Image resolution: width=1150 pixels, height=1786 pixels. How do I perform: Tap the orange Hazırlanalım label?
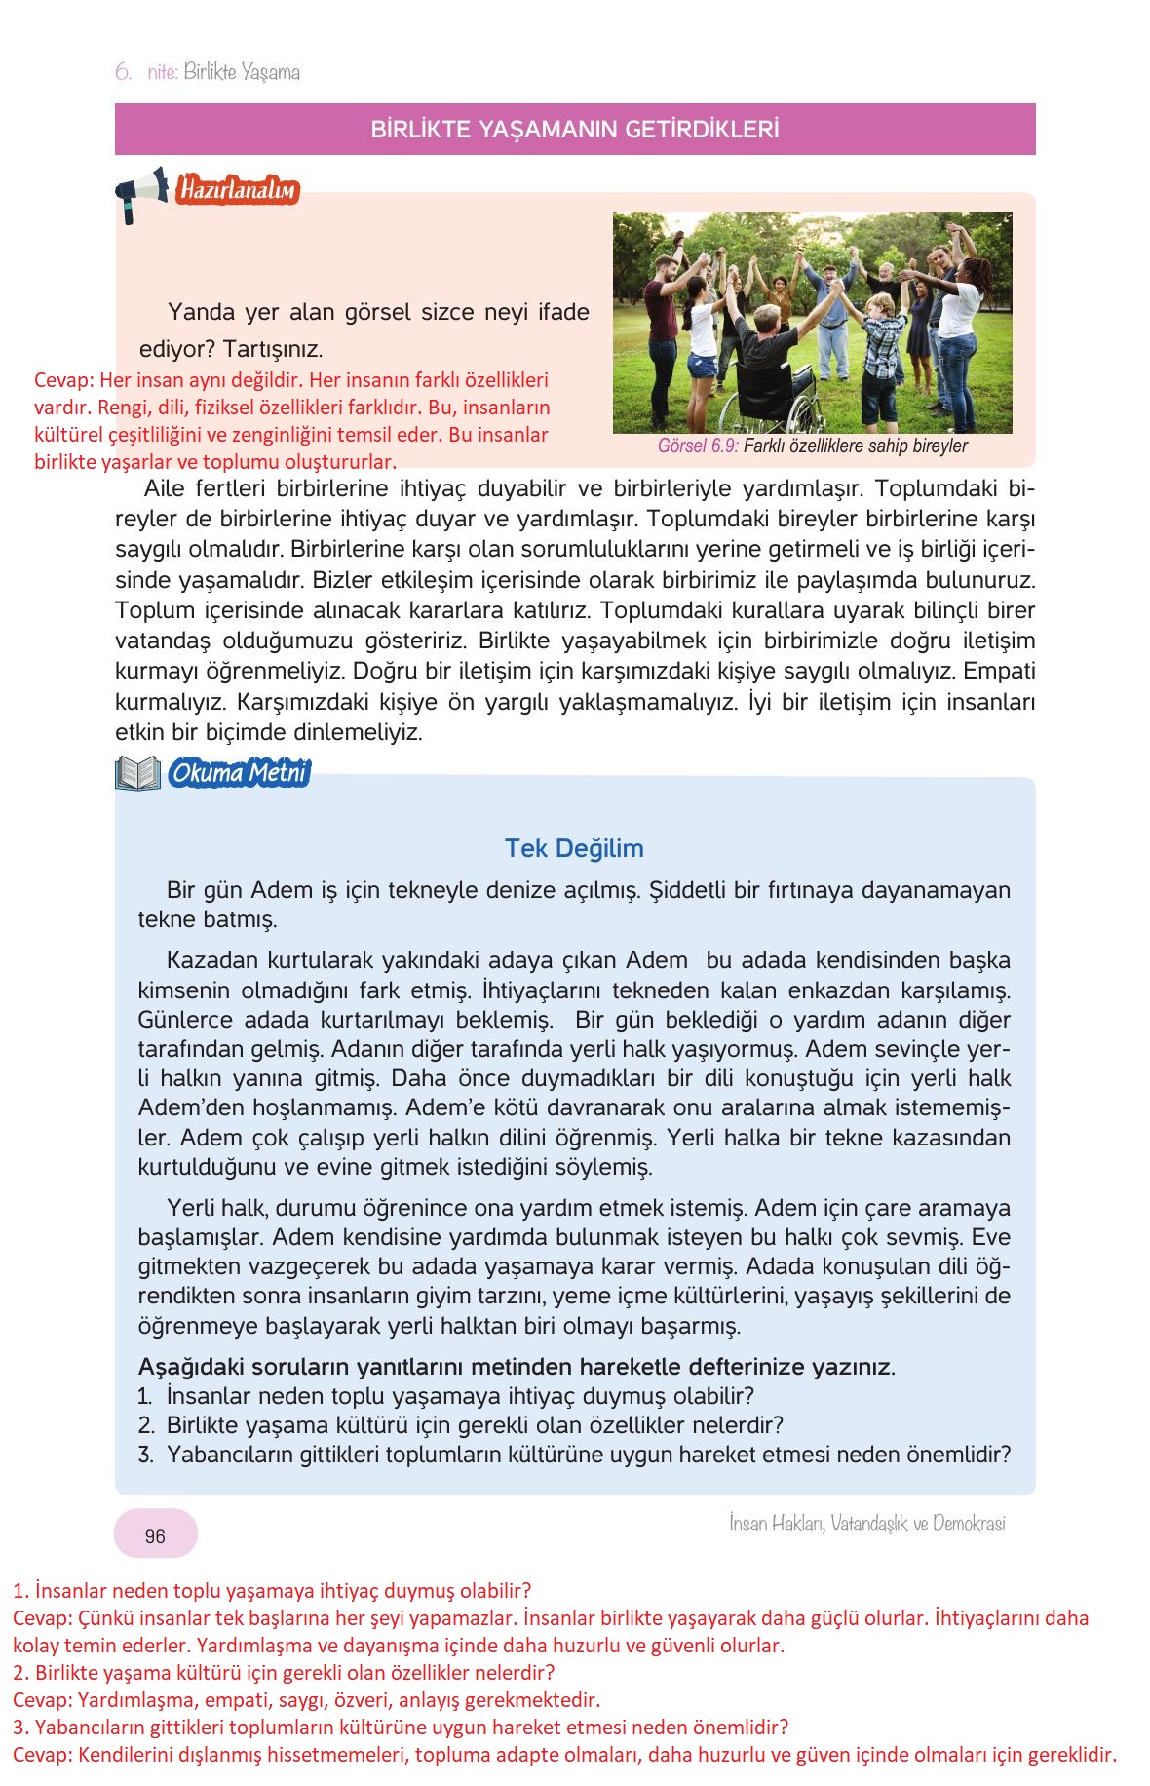[237, 190]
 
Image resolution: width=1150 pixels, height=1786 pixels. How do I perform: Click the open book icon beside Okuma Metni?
[137, 774]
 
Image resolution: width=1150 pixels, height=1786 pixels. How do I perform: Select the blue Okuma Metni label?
[239, 774]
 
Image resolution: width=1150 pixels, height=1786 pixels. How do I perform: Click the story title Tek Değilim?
[574, 848]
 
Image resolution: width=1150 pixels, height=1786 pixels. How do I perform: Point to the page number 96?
[155, 1536]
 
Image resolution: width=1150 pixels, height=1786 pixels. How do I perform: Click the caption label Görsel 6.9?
[698, 446]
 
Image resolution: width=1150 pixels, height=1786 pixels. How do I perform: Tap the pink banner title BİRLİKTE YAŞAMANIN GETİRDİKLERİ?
[575, 130]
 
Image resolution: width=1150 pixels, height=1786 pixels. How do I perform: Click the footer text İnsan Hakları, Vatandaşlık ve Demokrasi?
[866, 1523]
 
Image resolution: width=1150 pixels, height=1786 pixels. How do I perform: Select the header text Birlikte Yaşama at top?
[242, 72]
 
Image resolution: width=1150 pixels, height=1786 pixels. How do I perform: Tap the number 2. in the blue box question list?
[146, 1425]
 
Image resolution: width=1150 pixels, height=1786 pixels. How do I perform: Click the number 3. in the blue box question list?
[146, 1455]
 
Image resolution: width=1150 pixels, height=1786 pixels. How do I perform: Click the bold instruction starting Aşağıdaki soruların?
[517, 1367]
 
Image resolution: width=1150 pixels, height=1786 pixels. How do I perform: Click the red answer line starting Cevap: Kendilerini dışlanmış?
[564, 1755]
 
